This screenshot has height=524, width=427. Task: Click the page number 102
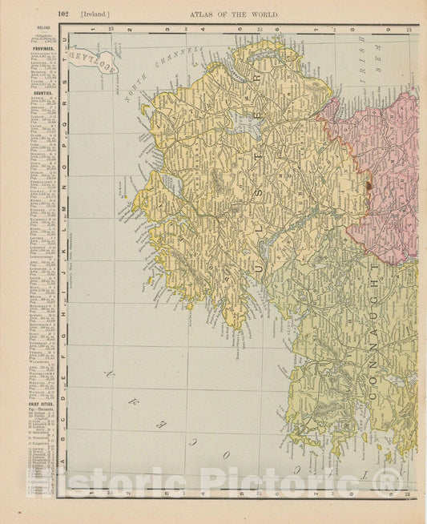[x=65, y=14]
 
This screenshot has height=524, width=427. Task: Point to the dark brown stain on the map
[x=369, y=185]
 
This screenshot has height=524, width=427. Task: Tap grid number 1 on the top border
[x=93, y=30]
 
